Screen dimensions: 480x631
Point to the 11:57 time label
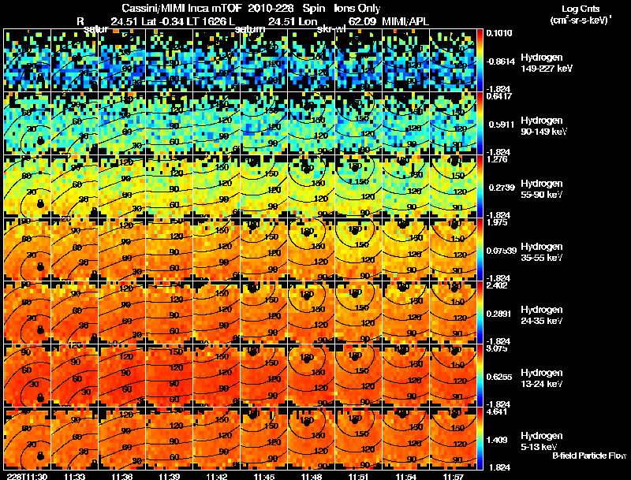(x=454, y=475)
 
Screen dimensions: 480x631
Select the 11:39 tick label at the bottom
(x=170, y=475)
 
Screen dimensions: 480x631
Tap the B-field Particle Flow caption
(x=588, y=456)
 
